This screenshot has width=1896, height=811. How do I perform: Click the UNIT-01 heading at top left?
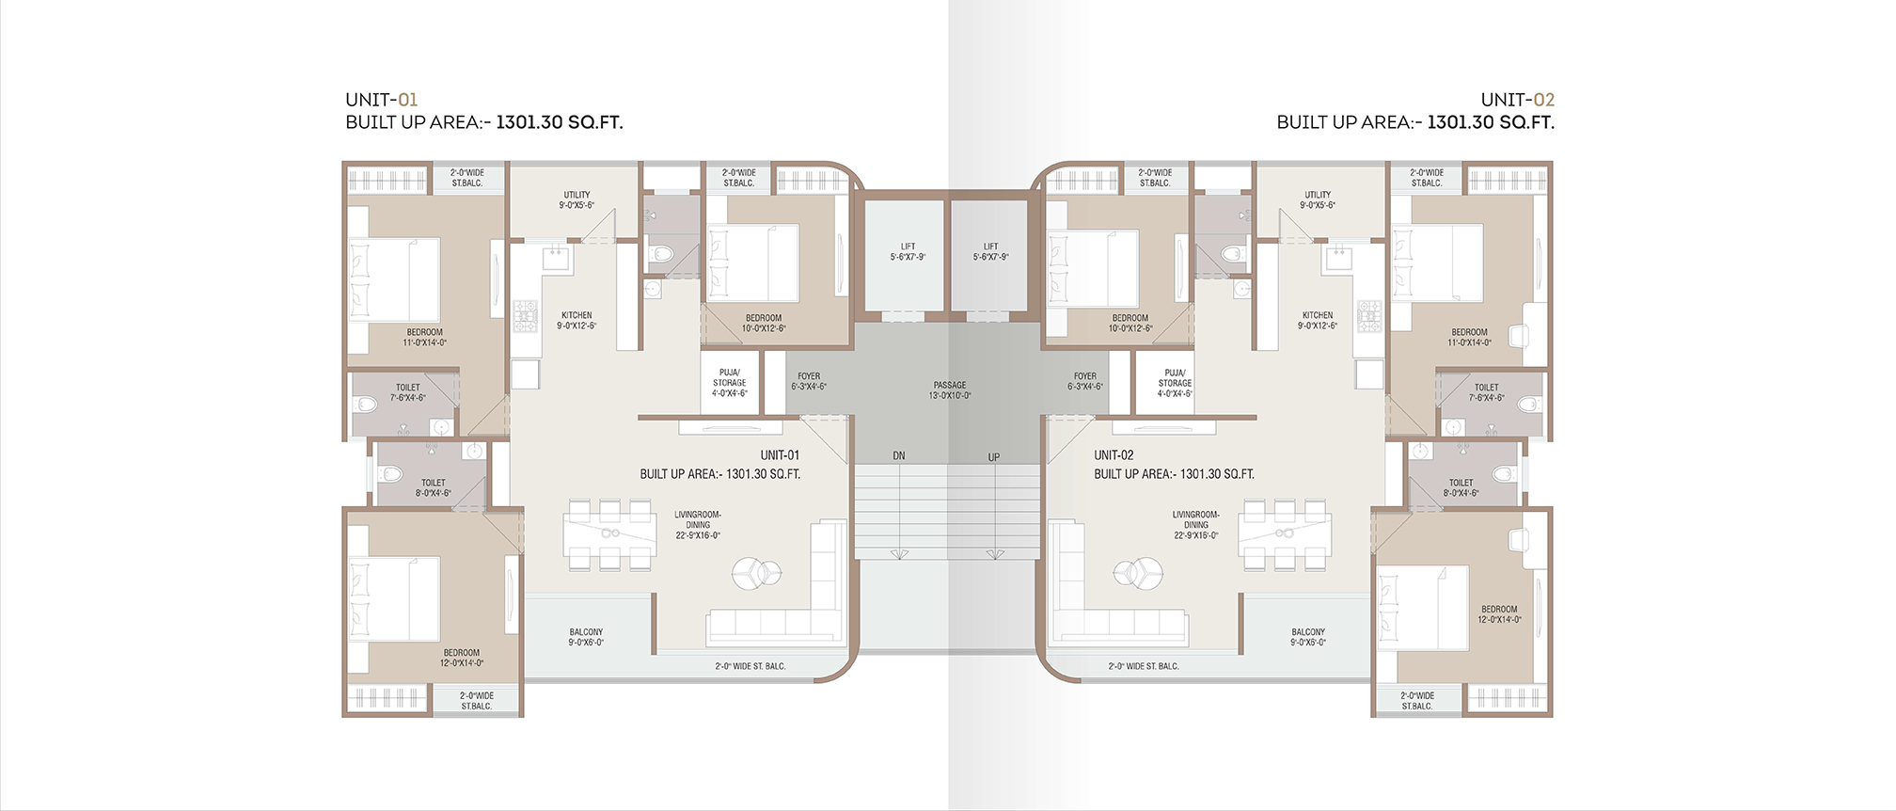[381, 100]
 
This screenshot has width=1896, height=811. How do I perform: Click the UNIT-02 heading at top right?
[1517, 100]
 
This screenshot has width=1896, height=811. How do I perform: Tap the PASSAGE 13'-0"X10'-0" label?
[950, 390]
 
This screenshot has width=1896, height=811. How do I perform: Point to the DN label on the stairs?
[899, 456]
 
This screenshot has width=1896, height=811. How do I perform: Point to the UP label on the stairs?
[994, 457]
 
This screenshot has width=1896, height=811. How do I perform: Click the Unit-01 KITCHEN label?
[577, 321]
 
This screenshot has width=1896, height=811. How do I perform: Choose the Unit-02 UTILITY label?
[1318, 199]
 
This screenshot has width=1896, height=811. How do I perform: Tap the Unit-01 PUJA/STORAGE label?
[729, 383]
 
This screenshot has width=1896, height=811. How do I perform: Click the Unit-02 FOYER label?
[1085, 381]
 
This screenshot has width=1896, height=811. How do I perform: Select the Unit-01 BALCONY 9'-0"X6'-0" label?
[586, 638]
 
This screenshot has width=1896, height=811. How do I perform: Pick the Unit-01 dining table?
[609, 534]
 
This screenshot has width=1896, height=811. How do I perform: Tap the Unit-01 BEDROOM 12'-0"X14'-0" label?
[462, 658]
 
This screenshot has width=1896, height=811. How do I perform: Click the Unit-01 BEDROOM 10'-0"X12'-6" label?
[764, 323]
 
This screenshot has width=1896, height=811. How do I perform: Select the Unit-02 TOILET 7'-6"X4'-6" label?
[1487, 392]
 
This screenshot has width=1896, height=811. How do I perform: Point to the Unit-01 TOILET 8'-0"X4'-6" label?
[434, 487]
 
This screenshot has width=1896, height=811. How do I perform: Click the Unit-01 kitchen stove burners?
[525, 316]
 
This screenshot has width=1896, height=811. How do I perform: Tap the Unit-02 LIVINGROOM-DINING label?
[1196, 525]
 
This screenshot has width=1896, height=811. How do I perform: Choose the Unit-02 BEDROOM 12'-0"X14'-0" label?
[1499, 614]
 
